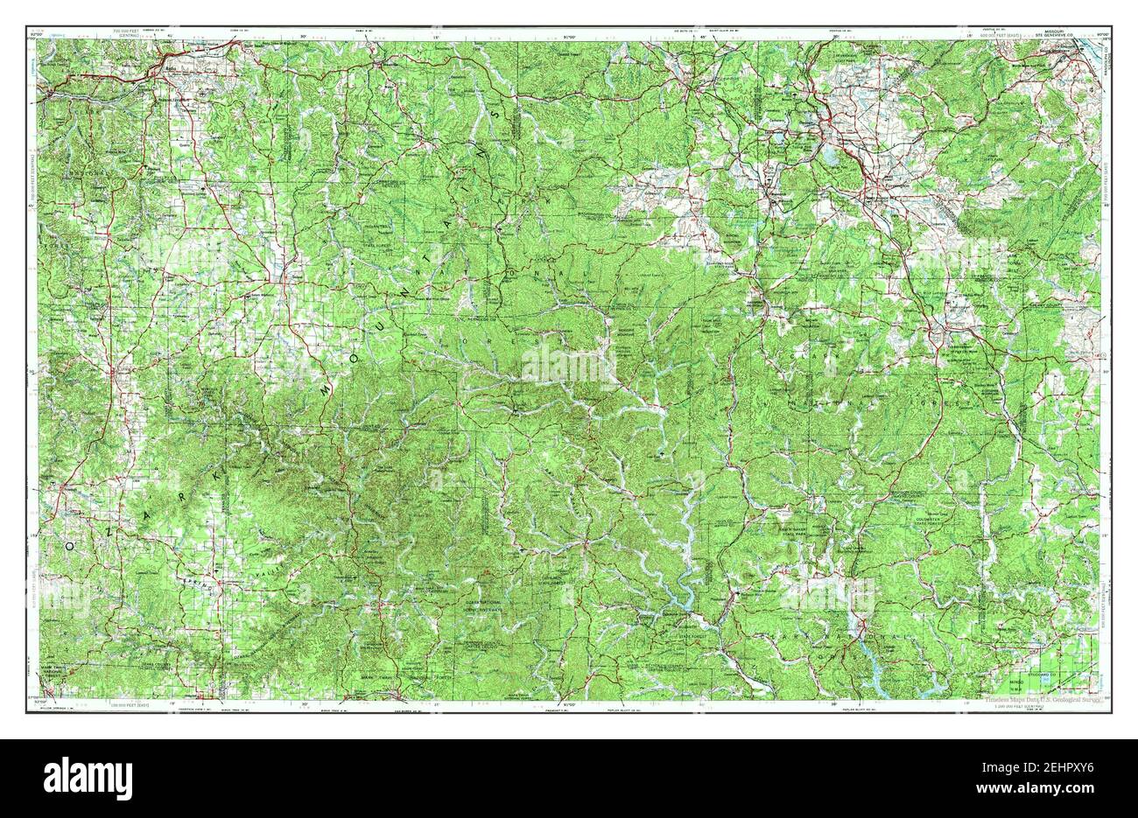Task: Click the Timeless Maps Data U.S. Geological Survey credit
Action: click(x=1029, y=700)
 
